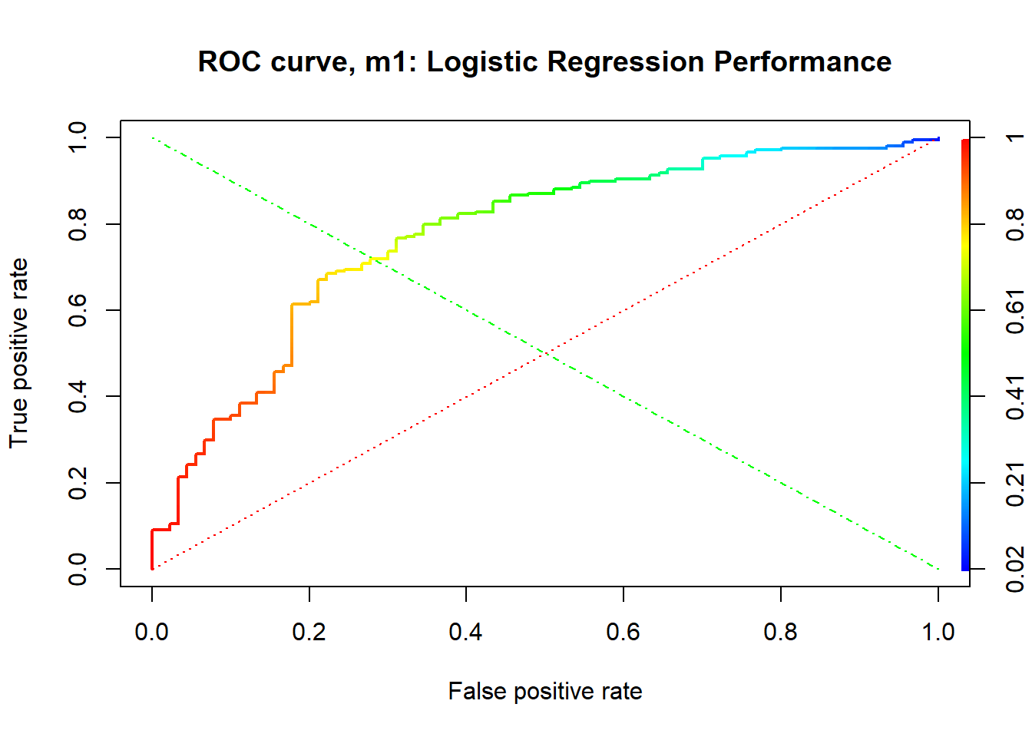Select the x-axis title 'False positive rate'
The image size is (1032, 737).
(x=545, y=692)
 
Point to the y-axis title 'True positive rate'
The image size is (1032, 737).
(x=18, y=353)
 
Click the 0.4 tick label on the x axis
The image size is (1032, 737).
(x=466, y=632)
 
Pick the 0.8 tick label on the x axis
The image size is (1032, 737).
(x=780, y=632)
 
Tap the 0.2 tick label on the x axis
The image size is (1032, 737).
(x=309, y=632)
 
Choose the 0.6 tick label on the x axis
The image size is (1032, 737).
(x=623, y=632)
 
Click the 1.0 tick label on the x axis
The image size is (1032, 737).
(x=938, y=632)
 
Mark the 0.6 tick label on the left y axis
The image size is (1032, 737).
(x=78, y=310)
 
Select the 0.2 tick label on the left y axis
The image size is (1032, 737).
(x=78, y=483)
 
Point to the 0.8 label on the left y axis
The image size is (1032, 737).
(x=78, y=224)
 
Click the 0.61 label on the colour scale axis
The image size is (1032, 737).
(x=1015, y=311)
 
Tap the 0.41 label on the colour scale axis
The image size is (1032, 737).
(x=1015, y=397)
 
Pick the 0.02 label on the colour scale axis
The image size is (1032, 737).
(x=1015, y=569)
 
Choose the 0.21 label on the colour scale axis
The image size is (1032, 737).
(x=1015, y=484)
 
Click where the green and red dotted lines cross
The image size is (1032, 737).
(x=545, y=353)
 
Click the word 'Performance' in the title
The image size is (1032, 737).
(x=802, y=61)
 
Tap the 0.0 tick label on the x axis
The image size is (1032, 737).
(x=151, y=632)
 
